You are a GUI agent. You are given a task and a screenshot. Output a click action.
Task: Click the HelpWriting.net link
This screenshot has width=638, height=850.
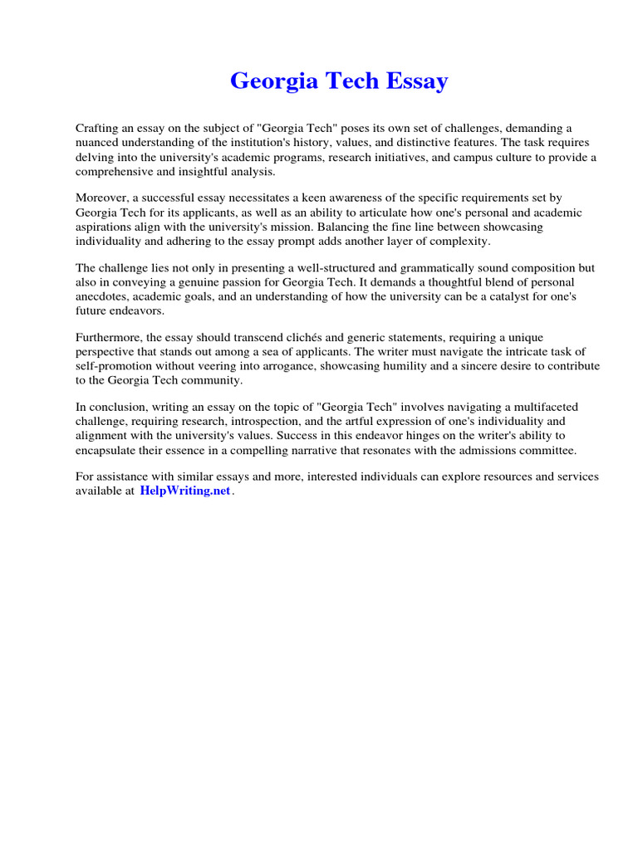click(x=185, y=491)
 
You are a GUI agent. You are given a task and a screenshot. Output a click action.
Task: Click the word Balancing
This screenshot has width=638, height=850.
click(x=355, y=227)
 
